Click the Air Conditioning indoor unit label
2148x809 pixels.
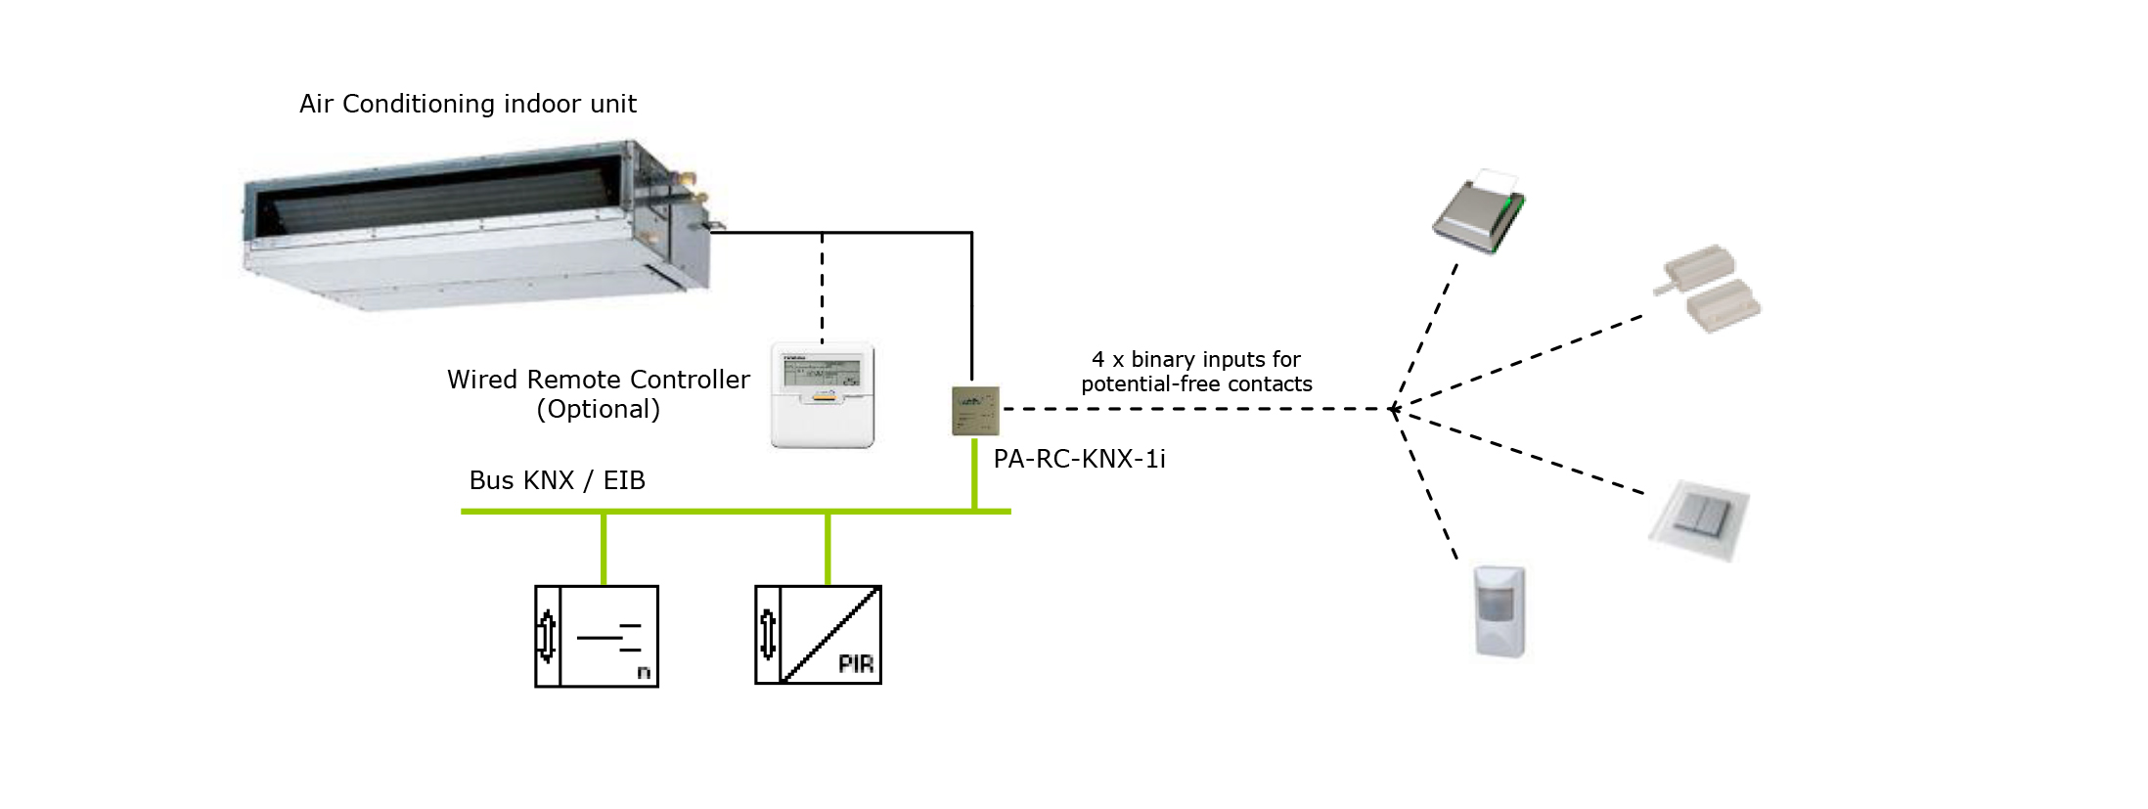(x=468, y=104)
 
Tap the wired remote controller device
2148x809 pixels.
(x=822, y=395)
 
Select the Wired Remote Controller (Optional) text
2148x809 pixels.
(x=598, y=393)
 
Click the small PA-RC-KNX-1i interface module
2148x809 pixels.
(x=975, y=411)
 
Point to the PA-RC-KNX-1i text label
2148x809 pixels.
(x=1079, y=459)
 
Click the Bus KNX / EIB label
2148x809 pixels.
(x=557, y=480)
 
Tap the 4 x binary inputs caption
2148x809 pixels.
(x=1196, y=372)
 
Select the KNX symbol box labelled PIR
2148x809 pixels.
(x=818, y=635)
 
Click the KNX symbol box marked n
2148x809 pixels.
(x=597, y=636)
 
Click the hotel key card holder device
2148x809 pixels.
(x=1478, y=212)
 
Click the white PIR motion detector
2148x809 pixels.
(x=1499, y=611)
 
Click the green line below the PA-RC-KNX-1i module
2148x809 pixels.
(x=975, y=473)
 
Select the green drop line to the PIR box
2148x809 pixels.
(x=828, y=549)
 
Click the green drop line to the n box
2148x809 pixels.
(x=604, y=549)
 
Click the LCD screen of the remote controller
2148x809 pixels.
(x=821, y=371)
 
